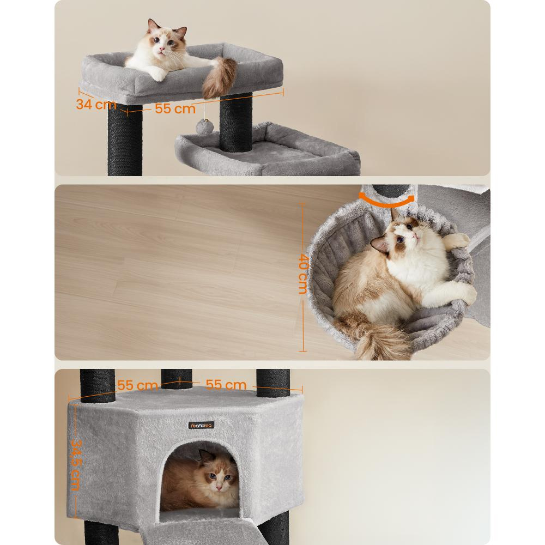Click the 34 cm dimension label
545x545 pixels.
[96, 104]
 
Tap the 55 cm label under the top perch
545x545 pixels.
[175, 108]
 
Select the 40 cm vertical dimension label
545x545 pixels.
[303, 274]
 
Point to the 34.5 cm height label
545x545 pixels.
[76, 465]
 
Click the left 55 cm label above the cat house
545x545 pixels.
[138, 385]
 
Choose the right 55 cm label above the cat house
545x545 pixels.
[226, 385]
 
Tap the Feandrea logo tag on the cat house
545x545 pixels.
[201, 425]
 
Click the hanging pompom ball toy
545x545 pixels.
[201, 126]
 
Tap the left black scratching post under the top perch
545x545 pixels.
[124, 139]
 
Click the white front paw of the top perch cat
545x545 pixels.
[158, 75]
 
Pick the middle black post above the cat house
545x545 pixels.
[177, 379]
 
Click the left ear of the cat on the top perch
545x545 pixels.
[152, 26]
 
